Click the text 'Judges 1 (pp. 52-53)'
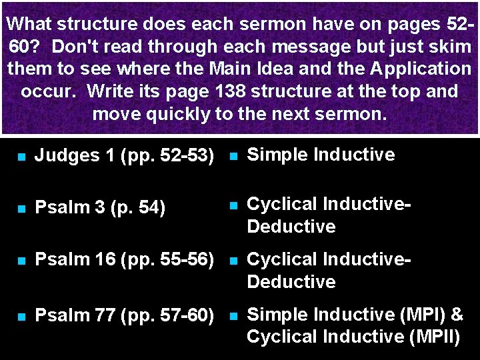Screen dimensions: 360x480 point(123,156)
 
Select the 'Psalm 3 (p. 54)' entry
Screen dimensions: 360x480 point(99,208)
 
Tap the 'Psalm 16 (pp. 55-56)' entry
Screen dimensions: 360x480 point(123,260)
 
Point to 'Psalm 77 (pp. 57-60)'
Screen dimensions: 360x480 point(123,315)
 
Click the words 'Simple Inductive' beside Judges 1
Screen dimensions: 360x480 point(320,155)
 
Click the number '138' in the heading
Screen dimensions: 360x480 point(235,91)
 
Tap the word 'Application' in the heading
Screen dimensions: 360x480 point(419,69)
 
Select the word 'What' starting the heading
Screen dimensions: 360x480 point(29,25)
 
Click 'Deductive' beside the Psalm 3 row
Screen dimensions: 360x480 point(291,227)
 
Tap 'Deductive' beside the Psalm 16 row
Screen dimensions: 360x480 point(291,282)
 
